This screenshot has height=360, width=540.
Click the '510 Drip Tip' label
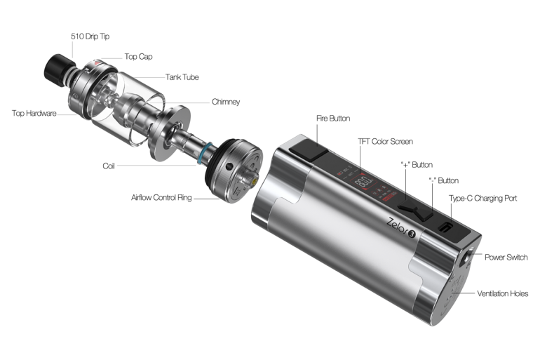click(90, 36)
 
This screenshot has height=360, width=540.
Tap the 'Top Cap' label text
click(138, 57)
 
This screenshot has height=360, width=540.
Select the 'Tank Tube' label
click(182, 77)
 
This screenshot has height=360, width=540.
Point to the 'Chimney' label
click(226, 102)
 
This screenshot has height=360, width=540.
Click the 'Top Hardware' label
click(34, 114)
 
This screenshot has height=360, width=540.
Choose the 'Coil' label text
click(109, 166)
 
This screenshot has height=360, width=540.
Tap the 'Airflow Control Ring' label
click(161, 198)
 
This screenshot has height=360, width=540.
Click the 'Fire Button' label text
click(333, 119)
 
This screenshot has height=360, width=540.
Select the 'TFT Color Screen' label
click(386, 142)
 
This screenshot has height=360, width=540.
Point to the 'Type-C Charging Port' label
click(482, 199)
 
